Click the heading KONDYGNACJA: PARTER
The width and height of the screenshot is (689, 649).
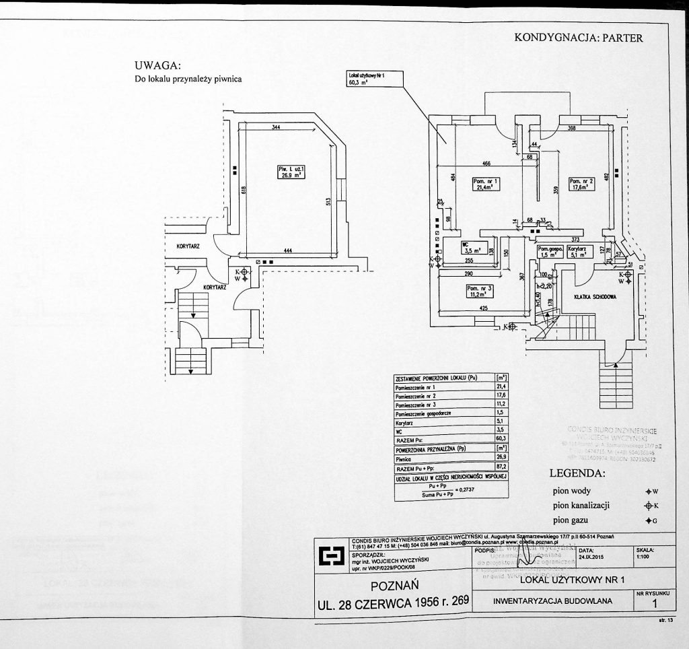point(579,38)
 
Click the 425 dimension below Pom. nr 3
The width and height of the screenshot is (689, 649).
point(483,309)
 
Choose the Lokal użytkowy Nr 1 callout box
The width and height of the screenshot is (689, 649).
point(374,79)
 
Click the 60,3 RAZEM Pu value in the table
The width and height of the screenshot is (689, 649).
point(499,438)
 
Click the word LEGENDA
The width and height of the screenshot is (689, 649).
point(577,474)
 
